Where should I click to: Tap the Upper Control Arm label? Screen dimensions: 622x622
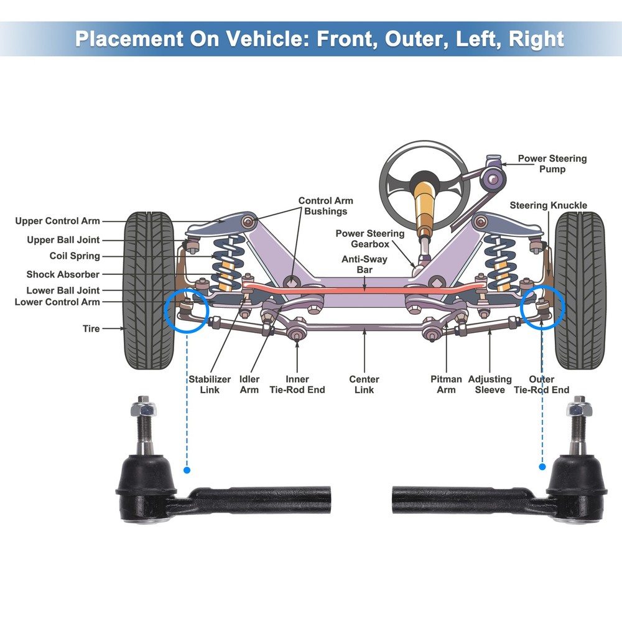(57, 221)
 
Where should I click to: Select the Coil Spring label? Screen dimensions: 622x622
(74, 256)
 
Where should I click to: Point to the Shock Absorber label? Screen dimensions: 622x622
(63, 274)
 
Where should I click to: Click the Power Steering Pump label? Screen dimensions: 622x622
(552, 164)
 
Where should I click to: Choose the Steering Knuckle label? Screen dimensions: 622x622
(548, 205)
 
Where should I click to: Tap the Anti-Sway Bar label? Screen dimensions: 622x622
(365, 264)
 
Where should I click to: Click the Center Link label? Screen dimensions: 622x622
(364, 384)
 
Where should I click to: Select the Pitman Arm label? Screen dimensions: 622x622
(446, 384)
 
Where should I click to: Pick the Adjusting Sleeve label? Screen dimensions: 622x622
(490, 384)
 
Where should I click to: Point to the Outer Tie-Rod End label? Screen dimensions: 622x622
(541, 384)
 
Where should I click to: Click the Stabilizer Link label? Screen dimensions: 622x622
(210, 384)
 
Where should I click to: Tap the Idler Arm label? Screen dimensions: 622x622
(249, 384)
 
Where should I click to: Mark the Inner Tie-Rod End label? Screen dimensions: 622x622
(297, 384)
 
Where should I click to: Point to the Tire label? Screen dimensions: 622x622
(91, 328)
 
